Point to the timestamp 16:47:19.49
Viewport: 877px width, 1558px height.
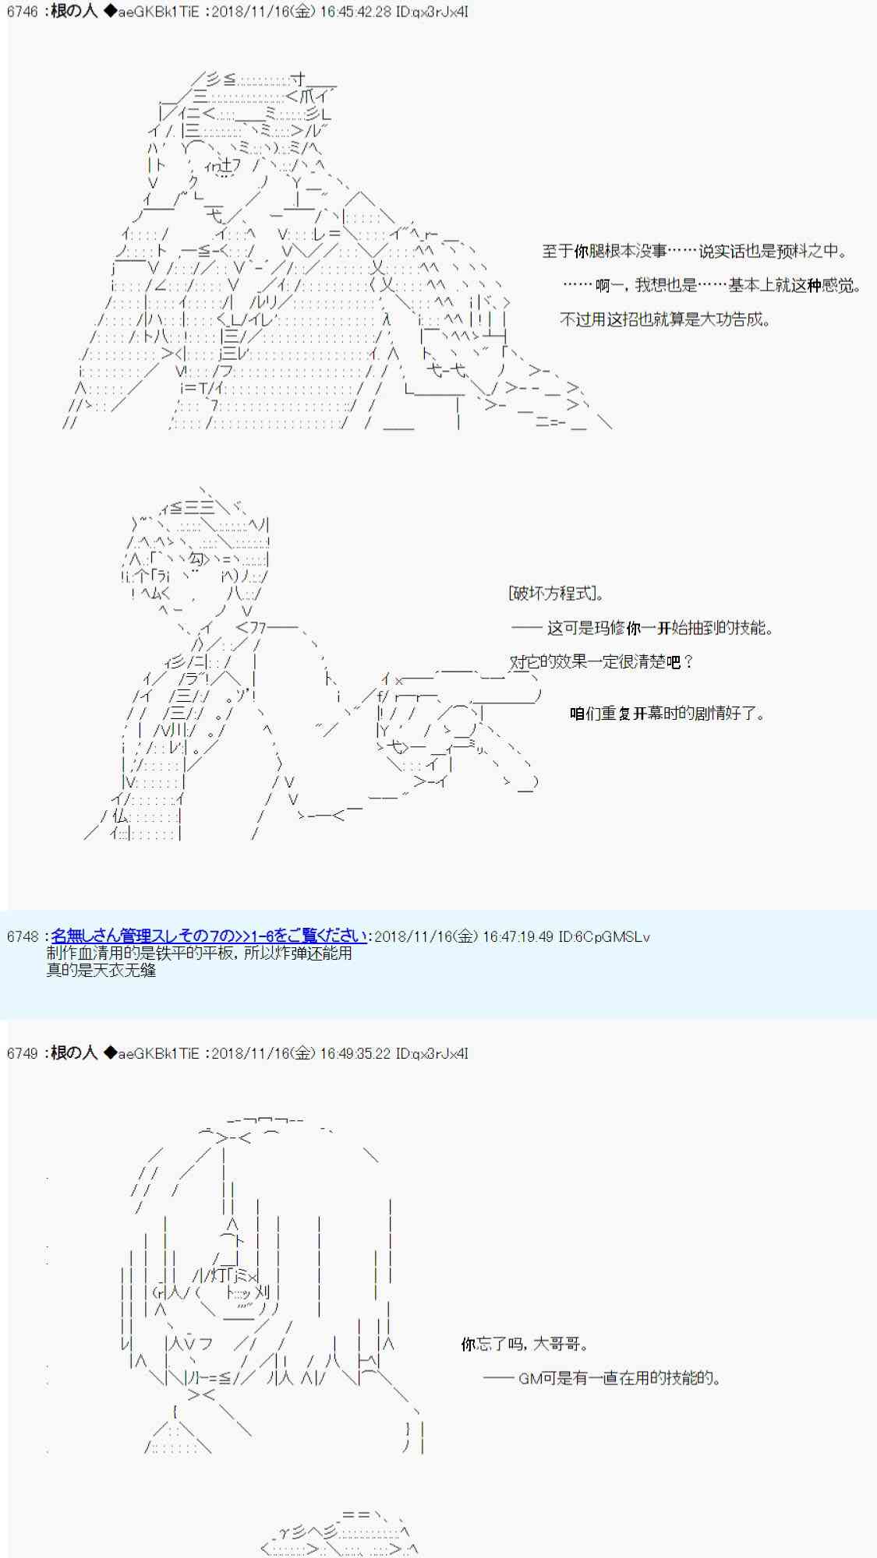(515, 936)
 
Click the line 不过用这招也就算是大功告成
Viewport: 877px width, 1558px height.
(665, 319)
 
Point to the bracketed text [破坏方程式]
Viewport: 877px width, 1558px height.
(557, 594)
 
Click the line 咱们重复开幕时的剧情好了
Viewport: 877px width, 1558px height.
(667, 714)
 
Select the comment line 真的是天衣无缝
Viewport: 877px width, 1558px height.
(101, 970)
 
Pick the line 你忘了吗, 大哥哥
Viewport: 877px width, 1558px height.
(525, 1345)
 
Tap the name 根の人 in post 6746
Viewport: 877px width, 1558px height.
(74, 12)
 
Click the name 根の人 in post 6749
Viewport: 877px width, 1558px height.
(74, 1053)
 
